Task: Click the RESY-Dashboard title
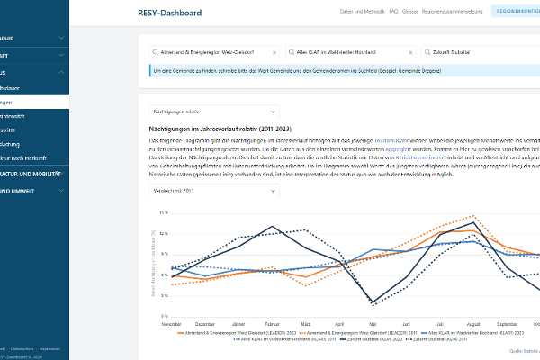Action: coord(170,13)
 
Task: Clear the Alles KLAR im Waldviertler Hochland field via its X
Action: coord(411,53)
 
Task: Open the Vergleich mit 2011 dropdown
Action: coord(185,192)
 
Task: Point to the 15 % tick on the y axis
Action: coord(164,212)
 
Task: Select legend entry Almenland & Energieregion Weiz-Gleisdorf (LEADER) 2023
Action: coord(225,333)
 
